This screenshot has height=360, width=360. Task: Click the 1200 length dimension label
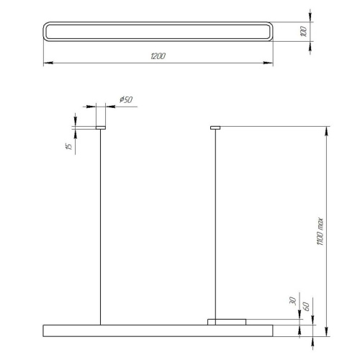coord(158,56)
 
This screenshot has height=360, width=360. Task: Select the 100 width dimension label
coord(304,32)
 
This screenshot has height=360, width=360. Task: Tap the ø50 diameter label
coord(126,99)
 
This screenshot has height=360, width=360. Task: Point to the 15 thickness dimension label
coord(69,146)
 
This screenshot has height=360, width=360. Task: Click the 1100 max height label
coord(320,231)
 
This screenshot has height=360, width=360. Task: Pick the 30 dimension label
coord(293,301)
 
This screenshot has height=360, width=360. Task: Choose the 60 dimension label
coord(306,307)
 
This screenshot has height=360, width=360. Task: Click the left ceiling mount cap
coord(101,127)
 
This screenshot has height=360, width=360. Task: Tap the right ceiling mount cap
coord(215,127)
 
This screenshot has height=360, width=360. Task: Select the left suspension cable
coord(100,227)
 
